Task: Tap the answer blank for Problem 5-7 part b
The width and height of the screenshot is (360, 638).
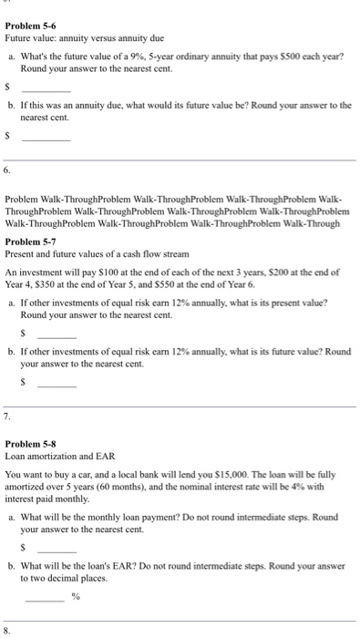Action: (57, 383)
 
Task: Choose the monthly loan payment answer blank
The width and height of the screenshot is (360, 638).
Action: (57, 550)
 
